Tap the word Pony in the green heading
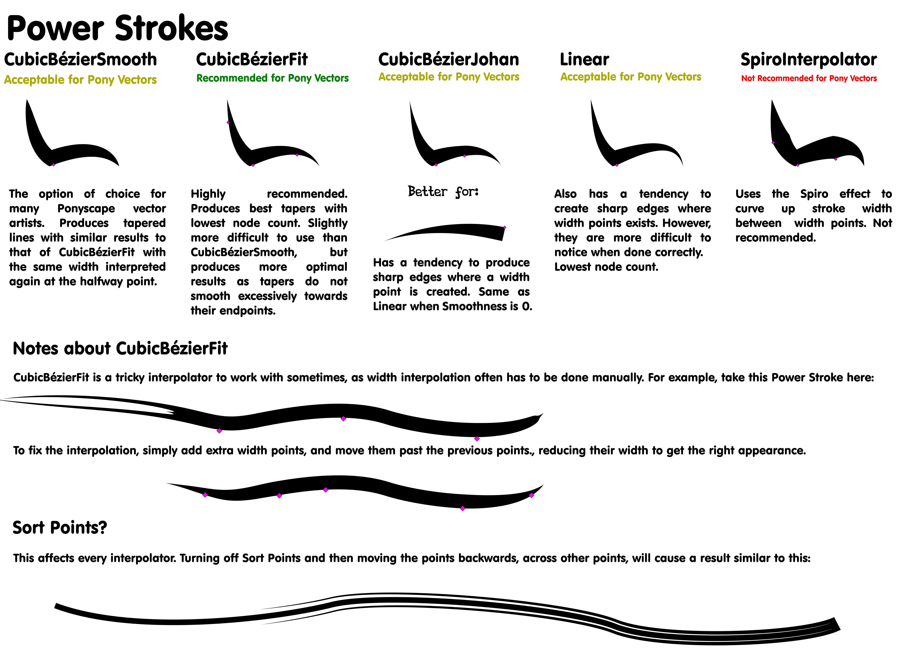(300, 78)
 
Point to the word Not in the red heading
(748, 78)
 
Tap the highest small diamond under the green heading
(228, 122)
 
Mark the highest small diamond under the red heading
(773, 143)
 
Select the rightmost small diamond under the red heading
(836, 159)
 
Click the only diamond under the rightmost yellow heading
(617, 165)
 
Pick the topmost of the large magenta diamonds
(343, 418)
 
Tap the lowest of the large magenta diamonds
(463, 508)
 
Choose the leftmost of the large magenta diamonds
(205, 495)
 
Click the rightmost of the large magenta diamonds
(531, 495)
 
